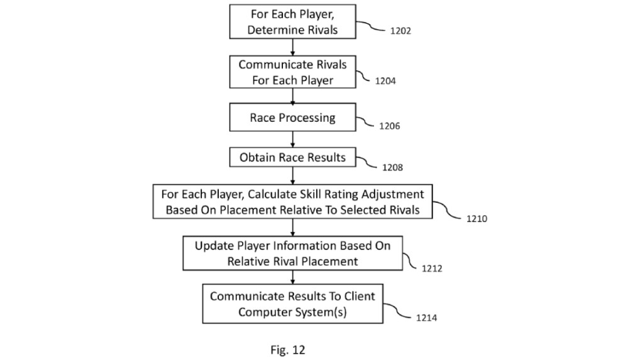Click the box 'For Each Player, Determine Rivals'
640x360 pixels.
point(293,21)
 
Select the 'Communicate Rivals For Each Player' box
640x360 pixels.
point(293,72)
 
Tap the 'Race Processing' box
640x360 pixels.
point(293,117)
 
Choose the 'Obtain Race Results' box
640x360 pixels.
point(293,157)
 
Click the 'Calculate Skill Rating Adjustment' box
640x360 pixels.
point(293,202)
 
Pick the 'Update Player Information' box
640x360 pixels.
point(293,253)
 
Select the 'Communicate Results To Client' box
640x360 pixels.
point(293,303)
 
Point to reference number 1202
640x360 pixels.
point(400,31)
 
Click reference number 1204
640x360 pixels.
point(385,81)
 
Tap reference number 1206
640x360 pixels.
point(389,126)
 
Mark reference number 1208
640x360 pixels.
point(392,168)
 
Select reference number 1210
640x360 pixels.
point(477,219)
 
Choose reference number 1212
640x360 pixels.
point(432,269)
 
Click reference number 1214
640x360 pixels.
point(426,318)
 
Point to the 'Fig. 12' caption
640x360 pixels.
point(288,350)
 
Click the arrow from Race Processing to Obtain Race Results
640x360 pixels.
point(293,139)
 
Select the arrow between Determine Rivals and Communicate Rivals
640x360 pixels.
point(293,47)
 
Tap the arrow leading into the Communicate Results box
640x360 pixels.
point(293,277)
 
